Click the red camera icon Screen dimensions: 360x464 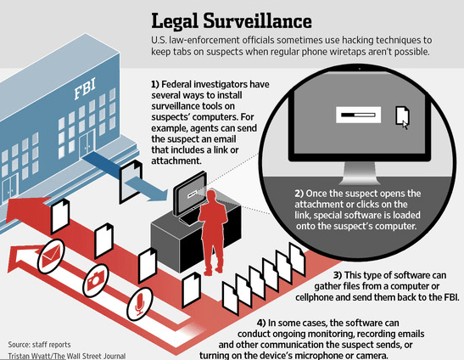point(94,277)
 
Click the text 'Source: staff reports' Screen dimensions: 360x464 point(37,344)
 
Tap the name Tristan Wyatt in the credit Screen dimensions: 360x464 point(27,355)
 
